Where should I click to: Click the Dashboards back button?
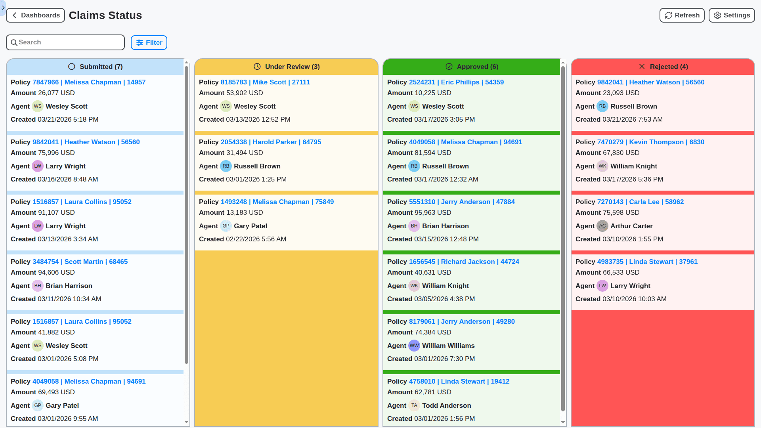click(x=36, y=15)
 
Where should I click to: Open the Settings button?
click(x=731, y=15)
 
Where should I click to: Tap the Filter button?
click(x=149, y=43)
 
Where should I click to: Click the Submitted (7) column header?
click(x=95, y=67)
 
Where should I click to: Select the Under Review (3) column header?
click(x=286, y=67)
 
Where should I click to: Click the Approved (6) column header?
click(x=472, y=67)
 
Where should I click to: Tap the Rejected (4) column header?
click(x=663, y=67)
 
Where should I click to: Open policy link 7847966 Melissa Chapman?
click(x=89, y=82)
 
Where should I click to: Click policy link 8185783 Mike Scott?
click(x=265, y=82)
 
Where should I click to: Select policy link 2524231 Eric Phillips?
click(x=456, y=82)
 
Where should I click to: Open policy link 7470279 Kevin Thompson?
click(x=650, y=142)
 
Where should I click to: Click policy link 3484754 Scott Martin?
click(x=80, y=262)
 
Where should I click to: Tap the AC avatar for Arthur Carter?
click(x=602, y=226)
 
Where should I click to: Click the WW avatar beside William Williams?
click(x=414, y=346)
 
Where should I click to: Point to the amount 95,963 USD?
click(x=433, y=212)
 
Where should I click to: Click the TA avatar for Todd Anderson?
click(x=414, y=405)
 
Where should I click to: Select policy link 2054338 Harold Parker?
click(x=271, y=142)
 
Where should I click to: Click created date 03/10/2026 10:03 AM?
click(x=634, y=299)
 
